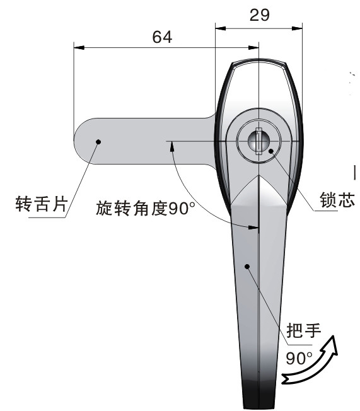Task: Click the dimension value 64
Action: click(162, 37)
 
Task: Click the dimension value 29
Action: click(259, 15)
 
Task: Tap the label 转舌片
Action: click(42, 204)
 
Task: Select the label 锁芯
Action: click(337, 200)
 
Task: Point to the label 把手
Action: click(304, 330)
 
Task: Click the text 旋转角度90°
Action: click(146, 209)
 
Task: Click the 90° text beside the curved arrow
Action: click(299, 359)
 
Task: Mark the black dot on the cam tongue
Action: click(98, 142)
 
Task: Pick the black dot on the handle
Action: click(247, 267)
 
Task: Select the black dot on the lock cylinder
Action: click(271, 151)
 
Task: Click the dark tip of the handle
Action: click(258, 395)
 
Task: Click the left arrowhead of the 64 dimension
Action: click(79, 48)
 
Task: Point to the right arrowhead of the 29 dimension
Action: click(297, 28)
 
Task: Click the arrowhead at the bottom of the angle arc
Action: click(253, 228)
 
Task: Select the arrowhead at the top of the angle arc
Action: click(172, 146)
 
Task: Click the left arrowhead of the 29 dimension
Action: click(221, 28)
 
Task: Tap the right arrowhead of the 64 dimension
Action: click(253, 48)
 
